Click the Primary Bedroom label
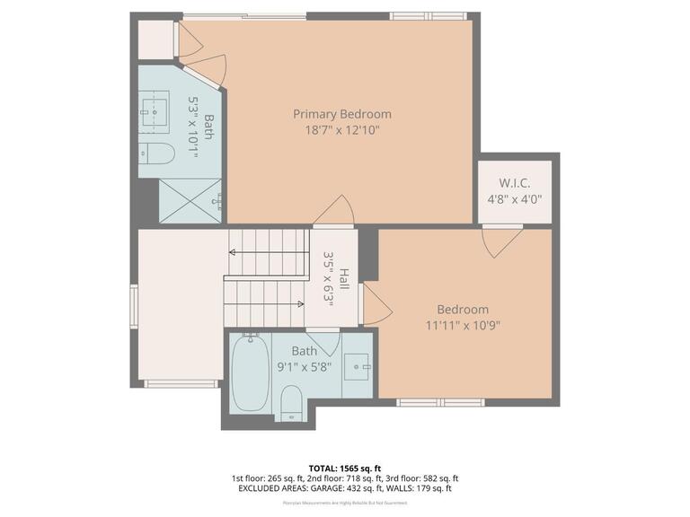(342, 114)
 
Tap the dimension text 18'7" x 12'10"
(342, 130)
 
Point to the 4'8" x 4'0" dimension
(514, 199)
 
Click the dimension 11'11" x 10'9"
(463, 326)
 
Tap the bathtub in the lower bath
(249, 373)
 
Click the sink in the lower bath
(359, 367)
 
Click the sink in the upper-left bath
(159, 109)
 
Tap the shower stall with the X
(189, 199)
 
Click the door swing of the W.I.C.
(500, 241)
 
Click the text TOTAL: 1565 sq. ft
(345, 469)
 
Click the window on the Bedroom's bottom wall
(440, 402)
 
